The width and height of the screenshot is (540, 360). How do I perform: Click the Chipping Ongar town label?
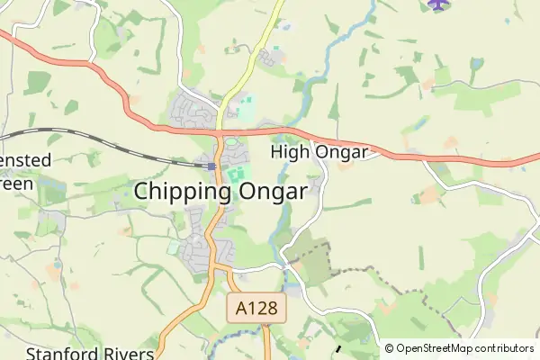click(221, 192)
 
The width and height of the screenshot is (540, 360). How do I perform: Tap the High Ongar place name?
click(319, 152)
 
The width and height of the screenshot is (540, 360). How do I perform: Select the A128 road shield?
click(256, 310)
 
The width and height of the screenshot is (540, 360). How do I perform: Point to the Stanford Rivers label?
click(90, 353)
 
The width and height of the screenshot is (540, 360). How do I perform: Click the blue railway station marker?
click(211, 166)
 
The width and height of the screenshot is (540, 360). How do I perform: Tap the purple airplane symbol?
click(437, 4)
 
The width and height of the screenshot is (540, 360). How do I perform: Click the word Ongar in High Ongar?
click(341, 152)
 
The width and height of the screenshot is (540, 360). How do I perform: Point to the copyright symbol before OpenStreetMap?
click(390, 348)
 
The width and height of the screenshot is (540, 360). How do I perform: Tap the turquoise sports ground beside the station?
click(238, 173)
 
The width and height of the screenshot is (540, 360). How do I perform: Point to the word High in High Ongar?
click(290, 152)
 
